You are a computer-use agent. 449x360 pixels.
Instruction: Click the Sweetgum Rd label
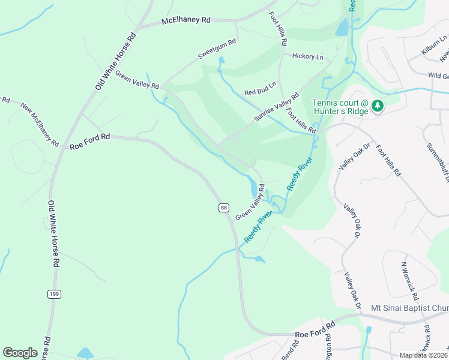[217, 50]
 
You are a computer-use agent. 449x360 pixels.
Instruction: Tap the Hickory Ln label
[307, 56]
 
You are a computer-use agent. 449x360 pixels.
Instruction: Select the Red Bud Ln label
[260, 89]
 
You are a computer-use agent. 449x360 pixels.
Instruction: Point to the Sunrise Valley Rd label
[276, 107]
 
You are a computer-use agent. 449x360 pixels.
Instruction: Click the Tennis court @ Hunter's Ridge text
[339, 107]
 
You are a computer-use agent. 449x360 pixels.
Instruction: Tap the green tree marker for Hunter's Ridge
[377, 106]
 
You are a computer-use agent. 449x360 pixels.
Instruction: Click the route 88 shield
[223, 207]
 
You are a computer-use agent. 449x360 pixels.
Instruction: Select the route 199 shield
[53, 293]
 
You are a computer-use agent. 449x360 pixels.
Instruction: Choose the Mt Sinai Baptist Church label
[409, 308]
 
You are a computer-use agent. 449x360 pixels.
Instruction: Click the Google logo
[20, 353]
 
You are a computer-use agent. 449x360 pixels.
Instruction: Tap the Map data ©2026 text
[424, 355]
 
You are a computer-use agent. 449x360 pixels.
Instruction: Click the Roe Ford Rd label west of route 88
[89, 142]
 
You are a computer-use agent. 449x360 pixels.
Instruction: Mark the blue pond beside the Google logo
[85, 353]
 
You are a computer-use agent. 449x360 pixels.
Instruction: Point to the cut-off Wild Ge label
[438, 76]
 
